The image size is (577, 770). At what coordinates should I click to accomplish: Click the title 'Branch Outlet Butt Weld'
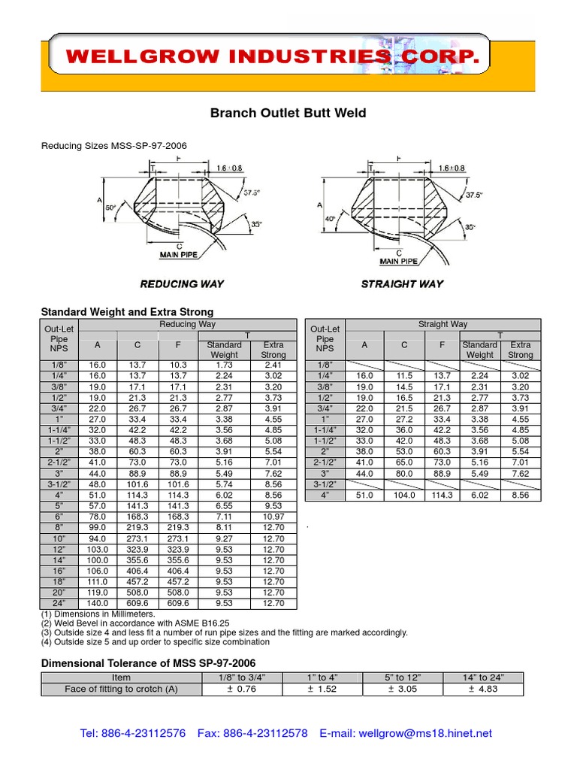coord(288,114)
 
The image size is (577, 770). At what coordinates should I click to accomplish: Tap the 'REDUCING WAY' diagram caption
coord(182,283)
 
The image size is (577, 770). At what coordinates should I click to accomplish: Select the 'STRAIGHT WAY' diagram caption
coord(402,283)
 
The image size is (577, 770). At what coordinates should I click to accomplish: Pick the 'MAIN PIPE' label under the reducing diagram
coord(179,256)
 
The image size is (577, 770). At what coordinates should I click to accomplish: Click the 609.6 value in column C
coord(137,603)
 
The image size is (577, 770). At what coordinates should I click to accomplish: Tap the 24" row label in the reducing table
coord(59,603)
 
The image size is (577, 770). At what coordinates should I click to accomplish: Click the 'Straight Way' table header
coord(443,324)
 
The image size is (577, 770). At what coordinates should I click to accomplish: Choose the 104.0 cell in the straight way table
coord(404,496)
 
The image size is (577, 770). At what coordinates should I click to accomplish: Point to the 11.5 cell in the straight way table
coord(404,375)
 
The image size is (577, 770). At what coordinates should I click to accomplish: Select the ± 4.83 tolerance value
coord(483,689)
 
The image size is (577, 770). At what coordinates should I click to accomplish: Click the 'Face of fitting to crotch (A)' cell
coord(122,689)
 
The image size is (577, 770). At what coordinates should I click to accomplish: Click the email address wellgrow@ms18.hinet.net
coord(425,733)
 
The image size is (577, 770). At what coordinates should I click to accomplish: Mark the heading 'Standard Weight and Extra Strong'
coord(127,311)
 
